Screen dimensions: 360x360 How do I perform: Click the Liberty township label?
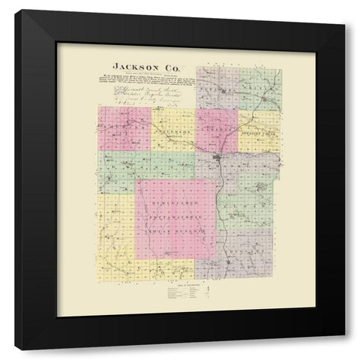tap(217, 130)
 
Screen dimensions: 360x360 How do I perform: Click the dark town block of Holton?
tap(217, 158)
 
